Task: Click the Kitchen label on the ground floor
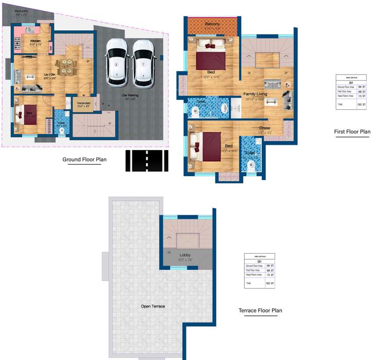click(36, 41)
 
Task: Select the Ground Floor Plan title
click(84, 159)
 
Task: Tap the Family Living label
click(255, 94)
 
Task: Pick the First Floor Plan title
click(352, 132)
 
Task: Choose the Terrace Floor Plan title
click(260, 310)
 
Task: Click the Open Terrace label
click(153, 306)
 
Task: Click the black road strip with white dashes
click(147, 161)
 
